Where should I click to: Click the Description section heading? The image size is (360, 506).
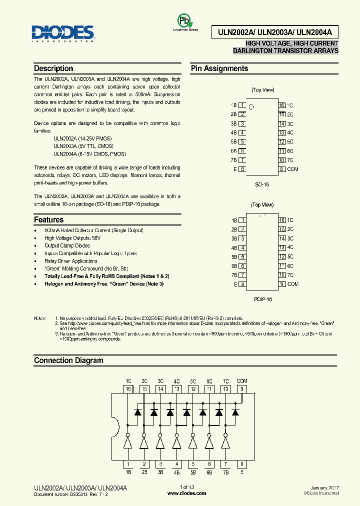53,68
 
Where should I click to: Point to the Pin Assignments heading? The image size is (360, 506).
219,68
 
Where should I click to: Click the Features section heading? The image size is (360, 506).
48,219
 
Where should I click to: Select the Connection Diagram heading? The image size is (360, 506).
68,360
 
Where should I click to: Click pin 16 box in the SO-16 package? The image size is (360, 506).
282,105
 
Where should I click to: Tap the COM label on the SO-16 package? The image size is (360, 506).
292,169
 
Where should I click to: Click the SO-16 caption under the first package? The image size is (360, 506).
262,184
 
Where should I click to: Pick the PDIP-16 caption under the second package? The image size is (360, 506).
262,298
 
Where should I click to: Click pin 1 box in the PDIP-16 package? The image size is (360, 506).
242,220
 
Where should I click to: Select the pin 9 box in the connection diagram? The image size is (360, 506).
241,388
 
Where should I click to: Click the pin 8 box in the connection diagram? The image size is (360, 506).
241,464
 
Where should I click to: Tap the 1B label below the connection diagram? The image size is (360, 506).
128,472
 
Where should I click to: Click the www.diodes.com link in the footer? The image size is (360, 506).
186,493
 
